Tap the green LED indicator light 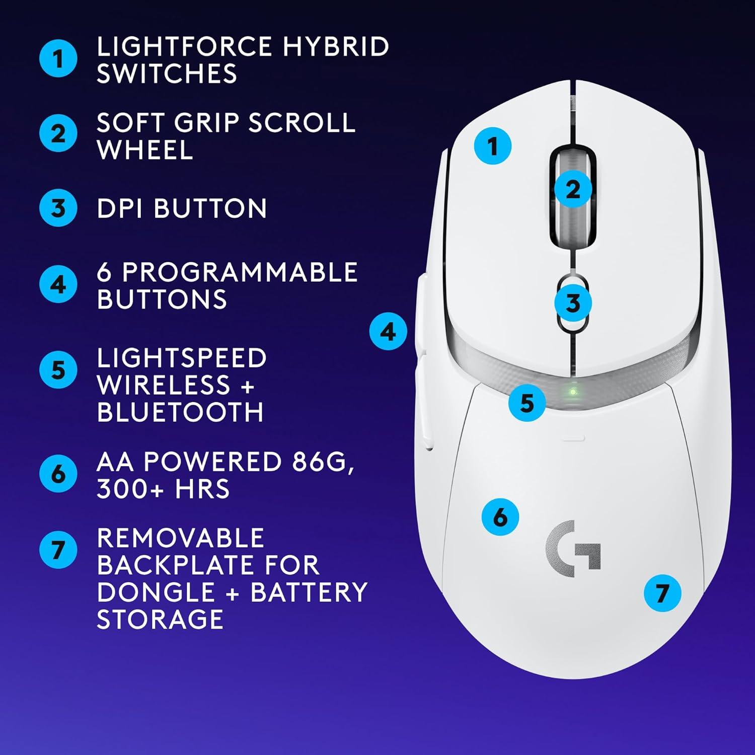point(572,392)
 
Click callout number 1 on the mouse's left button point(493,146)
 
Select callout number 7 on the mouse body point(662,593)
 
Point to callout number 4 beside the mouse point(388,332)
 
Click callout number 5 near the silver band point(526,403)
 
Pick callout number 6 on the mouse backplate point(500,517)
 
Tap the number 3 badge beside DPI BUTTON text point(58,208)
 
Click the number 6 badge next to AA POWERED point(58,474)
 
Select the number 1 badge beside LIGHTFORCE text point(58,58)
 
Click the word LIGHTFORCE point(184,47)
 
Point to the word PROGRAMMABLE point(240,272)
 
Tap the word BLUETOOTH point(180,412)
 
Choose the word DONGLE point(156,592)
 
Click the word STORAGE point(160,619)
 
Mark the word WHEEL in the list point(145,150)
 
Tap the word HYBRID point(336,47)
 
